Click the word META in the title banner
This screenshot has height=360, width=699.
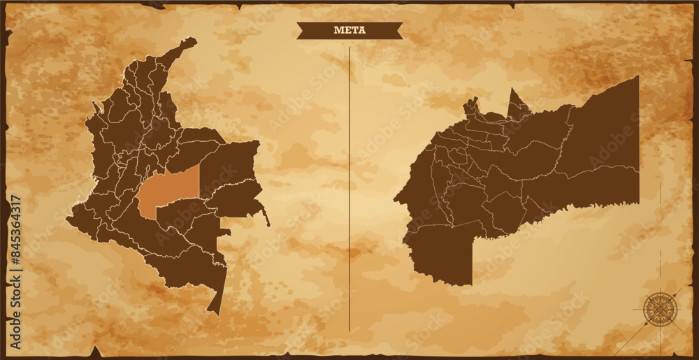(x=349, y=30)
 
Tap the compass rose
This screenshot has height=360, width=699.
(x=658, y=309)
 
